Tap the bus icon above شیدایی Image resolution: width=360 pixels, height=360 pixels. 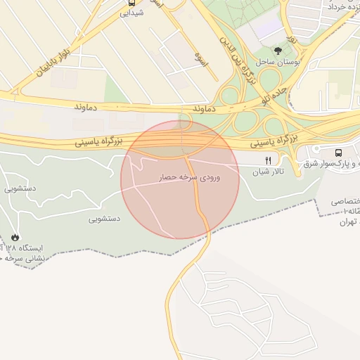[131, 2]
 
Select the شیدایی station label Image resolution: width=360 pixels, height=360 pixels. [132, 13]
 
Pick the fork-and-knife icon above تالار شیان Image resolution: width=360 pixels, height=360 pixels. [268, 161]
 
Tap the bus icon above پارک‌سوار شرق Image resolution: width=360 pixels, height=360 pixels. [340, 152]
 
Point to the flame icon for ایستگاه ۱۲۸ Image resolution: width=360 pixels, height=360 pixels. [15, 238]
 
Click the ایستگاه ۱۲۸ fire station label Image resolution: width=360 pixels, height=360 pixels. [28, 249]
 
